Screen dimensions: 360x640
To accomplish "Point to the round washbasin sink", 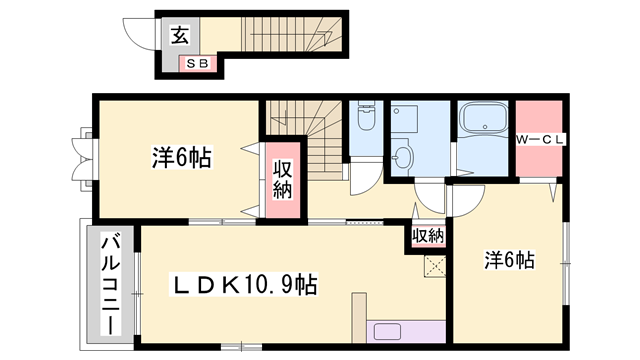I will point(403,157).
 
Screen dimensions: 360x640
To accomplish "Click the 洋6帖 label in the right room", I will point(510,261).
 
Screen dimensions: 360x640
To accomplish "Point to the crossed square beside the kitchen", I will point(434,266).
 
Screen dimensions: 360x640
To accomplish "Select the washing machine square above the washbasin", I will point(407,121).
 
